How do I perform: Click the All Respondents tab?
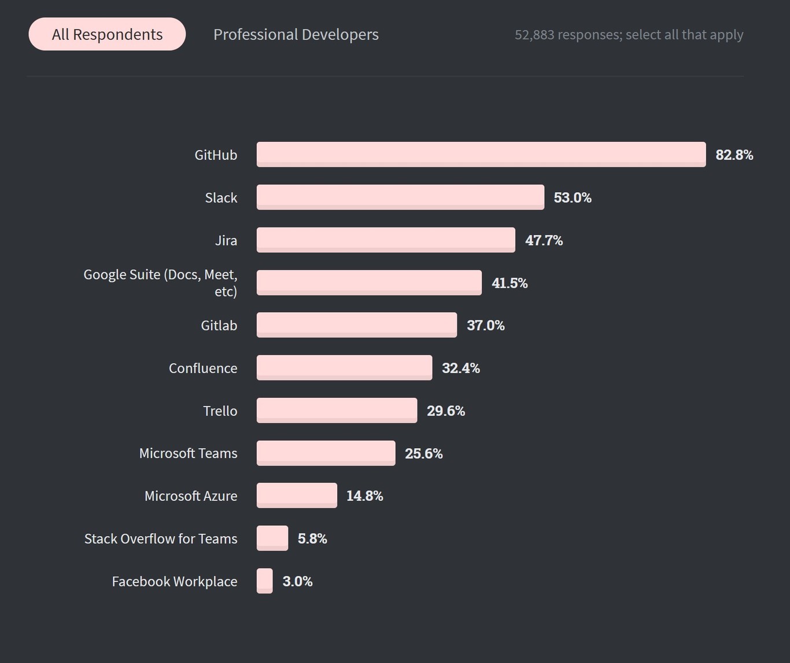coord(107,34)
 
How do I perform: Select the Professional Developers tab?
coord(296,35)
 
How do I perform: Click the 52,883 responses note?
coord(629,35)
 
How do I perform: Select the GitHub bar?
coord(481,155)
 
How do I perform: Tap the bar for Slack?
coord(400,197)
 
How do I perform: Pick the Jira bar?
coord(386,240)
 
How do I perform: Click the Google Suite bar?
coord(369,283)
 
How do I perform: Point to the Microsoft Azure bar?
coord(297,496)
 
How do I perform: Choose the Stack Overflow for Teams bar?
coord(272,539)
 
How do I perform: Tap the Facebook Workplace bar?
coord(265,581)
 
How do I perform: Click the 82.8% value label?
coord(734,155)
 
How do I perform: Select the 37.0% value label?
coord(485,325)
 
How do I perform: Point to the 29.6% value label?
coord(445,411)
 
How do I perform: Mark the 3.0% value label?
coord(297,581)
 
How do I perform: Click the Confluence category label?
coord(203,368)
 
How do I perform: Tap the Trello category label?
coord(220,411)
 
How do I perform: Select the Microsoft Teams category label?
coord(188,453)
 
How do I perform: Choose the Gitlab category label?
coord(219,325)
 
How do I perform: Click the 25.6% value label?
coord(423,453)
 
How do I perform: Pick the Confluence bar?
coord(344,368)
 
